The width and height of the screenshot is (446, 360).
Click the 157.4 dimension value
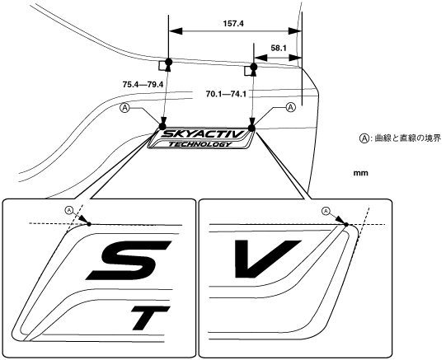pyautogui.click(x=233, y=24)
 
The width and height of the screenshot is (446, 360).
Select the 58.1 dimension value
pyautogui.click(x=278, y=49)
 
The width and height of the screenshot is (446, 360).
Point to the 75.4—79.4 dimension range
pyautogui.click(x=143, y=84)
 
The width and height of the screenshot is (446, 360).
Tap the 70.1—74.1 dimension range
pyautogui.click(x=226, y=94)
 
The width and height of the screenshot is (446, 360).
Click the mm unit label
pyautogui.click(x=360, y=173)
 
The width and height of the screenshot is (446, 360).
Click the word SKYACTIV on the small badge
pyautogui.click(x=203, y=133)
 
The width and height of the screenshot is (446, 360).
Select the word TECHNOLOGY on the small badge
pyautogui.click(x=200, y=144)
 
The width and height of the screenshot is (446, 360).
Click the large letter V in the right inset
pyautogui.click(x=267, y=259)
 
